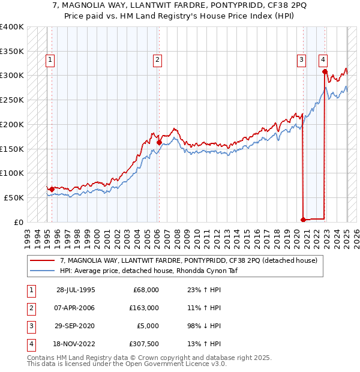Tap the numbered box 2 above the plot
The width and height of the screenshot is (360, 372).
(x=157, y=59)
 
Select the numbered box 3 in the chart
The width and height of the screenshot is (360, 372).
(x=301, y=59)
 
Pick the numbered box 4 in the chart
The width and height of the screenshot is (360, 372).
(x=323, y=59)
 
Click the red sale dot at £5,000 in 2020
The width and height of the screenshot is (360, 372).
(x=303, y=219)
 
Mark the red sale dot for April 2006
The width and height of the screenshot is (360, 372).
(x=159, y=142)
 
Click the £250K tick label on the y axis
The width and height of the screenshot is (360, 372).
(x=12, y=100)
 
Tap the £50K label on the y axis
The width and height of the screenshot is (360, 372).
(x=14, y=197)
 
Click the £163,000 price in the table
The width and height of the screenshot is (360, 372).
(x=146, y=308)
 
